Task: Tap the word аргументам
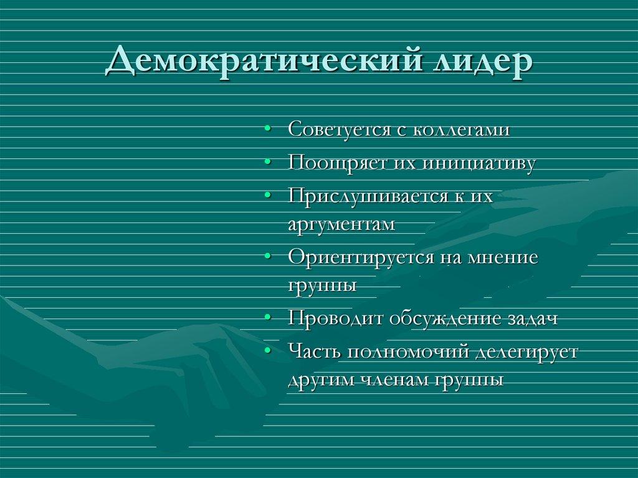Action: coord(341,225)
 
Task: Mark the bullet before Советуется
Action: coord(267,130)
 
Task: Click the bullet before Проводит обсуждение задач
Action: coord(267,318)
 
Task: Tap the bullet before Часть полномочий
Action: coord(267,351)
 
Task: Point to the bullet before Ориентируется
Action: coord(267,257)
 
